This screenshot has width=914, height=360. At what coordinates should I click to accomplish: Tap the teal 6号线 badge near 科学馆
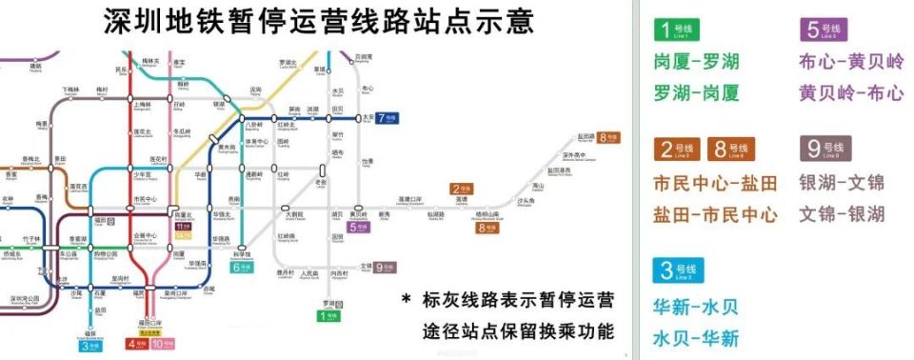[243, 268]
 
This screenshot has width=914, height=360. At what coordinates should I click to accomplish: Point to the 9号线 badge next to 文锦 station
[384, 268]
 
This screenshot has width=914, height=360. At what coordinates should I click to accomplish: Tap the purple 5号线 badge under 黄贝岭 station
[359, 228]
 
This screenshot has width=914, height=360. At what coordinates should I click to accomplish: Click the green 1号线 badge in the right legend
[675, 30]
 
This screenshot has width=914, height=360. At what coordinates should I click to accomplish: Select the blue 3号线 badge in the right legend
[677, 270]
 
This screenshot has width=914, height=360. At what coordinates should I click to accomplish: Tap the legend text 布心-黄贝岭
[851, 63]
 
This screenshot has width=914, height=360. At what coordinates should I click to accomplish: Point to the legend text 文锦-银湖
[842, 214]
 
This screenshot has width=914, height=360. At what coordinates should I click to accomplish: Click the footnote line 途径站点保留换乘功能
[518, 332]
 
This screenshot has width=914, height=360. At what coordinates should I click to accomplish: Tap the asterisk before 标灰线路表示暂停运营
[407, 301]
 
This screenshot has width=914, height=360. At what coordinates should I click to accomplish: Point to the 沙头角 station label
[525, 202]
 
